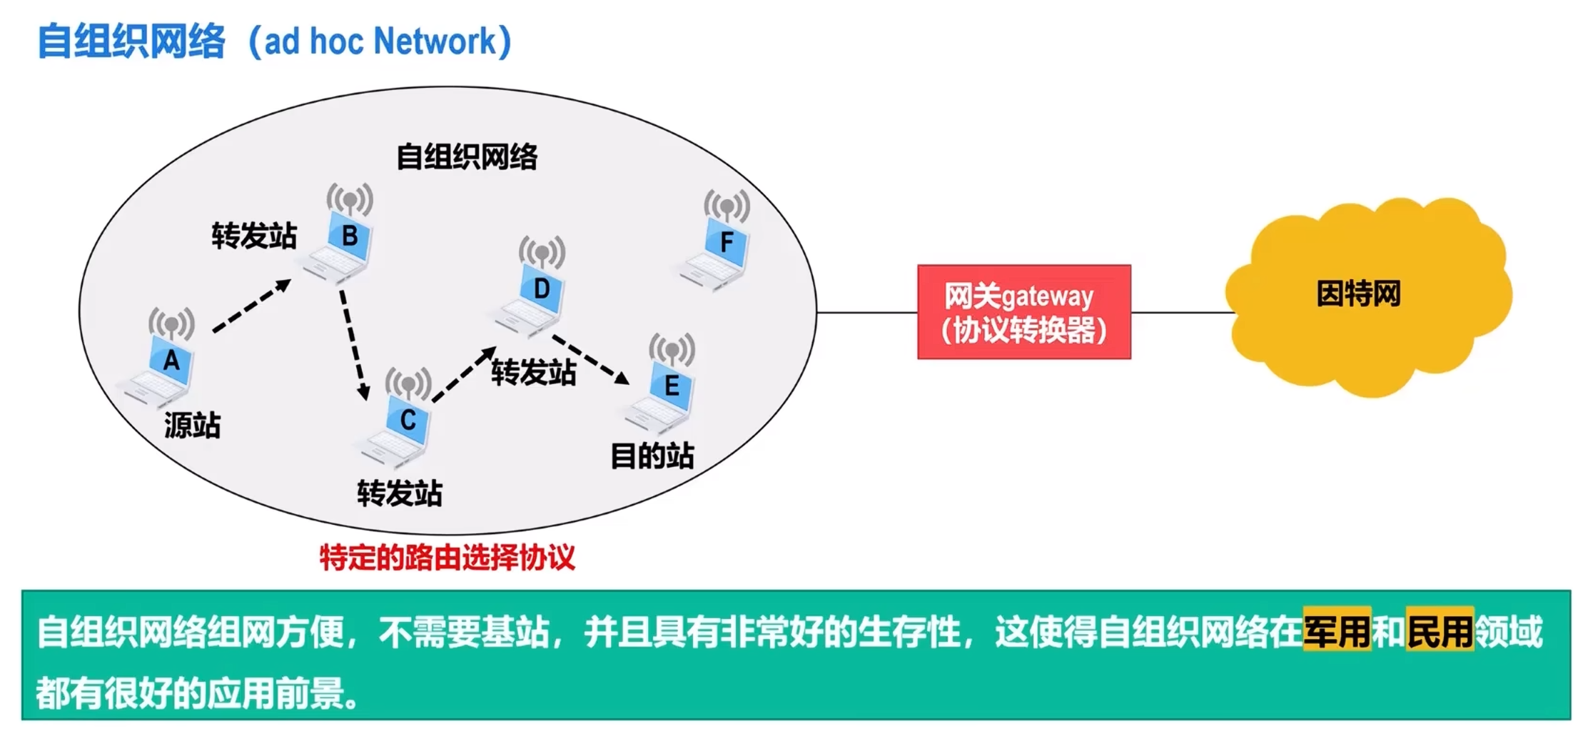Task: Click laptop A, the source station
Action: point(163,372)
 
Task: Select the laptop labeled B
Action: point(341,246)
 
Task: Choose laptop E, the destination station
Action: point(663,397)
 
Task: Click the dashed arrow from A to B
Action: point(251,306)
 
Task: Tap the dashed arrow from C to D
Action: point(464,374)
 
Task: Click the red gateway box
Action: point(1023,312)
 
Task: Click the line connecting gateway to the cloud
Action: point(1181,312)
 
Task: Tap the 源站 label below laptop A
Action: point(192,426)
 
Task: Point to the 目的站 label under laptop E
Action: point(652,456)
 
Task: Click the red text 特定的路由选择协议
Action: point(447,558)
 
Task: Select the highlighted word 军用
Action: point(1336,630)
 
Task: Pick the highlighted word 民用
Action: point(1440,630)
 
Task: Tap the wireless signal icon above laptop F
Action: point(727,205)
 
